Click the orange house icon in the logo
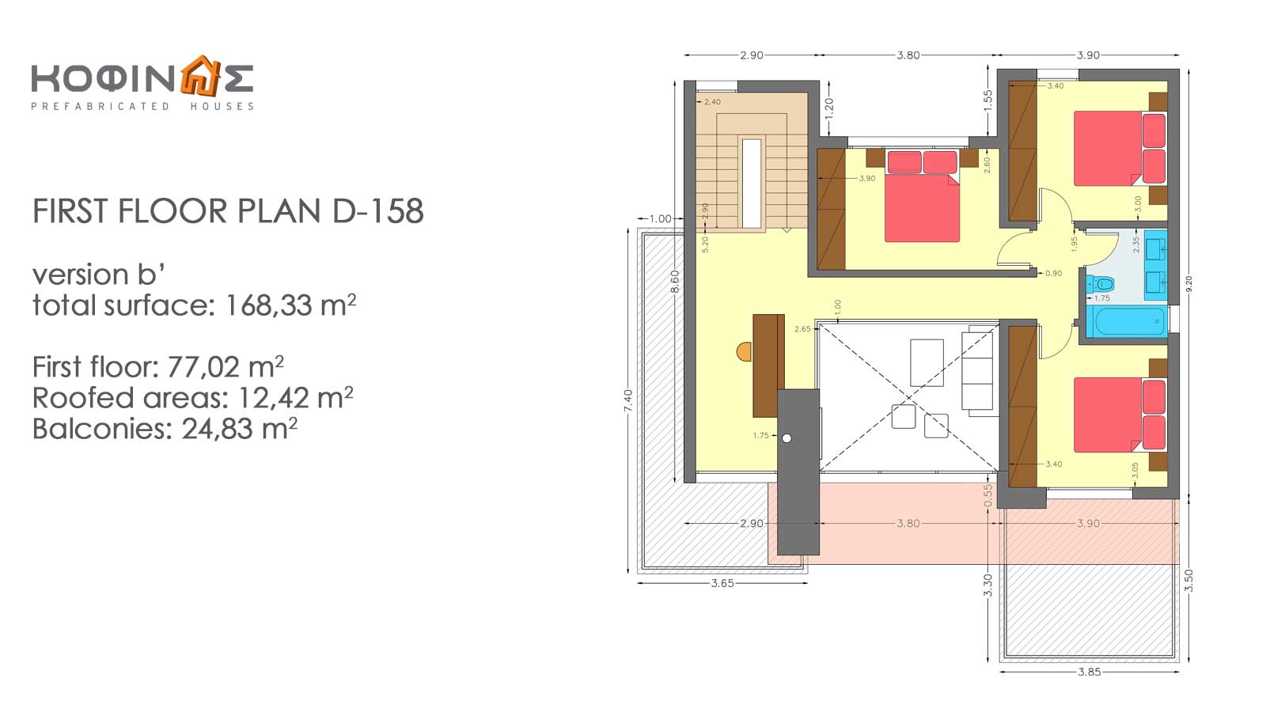point(199,76)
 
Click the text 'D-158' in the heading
point(378,211)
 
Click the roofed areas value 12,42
point(273,398)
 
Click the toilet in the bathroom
point(1100,284)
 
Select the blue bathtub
point(1127,321)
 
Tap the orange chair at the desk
point(745,351)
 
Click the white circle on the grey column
point(787,438)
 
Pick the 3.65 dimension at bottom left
point(722,583)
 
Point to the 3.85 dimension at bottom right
point(1089,672)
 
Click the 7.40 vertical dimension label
point(628,400)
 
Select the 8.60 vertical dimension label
point(675,282)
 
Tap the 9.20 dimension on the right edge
point(1188,284)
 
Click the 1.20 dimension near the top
point(829,108)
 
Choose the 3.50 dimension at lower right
point(1188,581)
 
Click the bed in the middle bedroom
point(923,197)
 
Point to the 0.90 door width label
point(1053,274)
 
